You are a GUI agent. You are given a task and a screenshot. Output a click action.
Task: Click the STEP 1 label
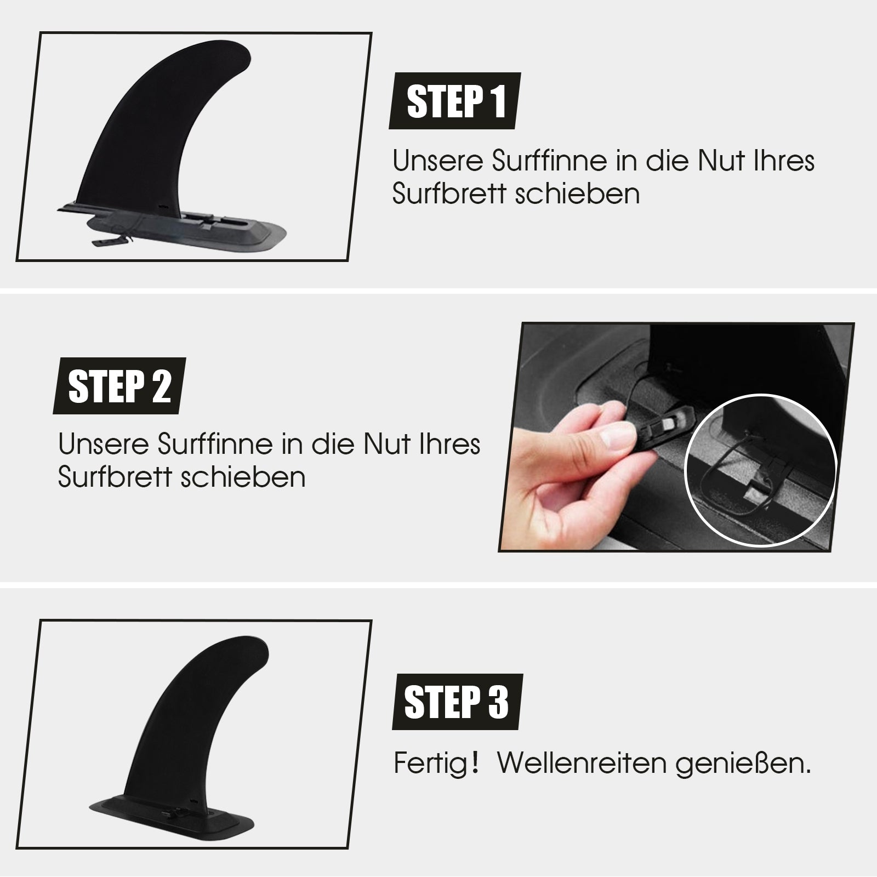[454, 101]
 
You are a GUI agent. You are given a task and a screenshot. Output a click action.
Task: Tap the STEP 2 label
[119, 386]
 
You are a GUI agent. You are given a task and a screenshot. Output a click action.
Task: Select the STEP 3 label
[457, 702]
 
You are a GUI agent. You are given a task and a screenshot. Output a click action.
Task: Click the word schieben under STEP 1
[578, 194]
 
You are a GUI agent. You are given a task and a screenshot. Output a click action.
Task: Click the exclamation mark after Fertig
[475, 763]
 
